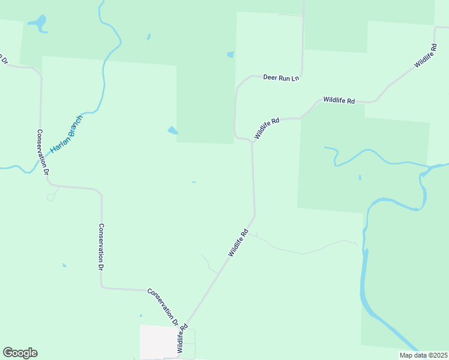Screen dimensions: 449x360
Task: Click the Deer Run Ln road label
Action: click(x=281, y=78)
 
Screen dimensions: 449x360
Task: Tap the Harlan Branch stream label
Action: click(x=66, y=133)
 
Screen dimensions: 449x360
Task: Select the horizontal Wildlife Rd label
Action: click(x=339, y=100)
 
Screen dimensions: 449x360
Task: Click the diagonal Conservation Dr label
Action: click(x=163, y=307)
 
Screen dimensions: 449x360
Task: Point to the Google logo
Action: click(x=20, y=353)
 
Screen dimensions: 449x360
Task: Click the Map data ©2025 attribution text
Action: click(x=424, y=355)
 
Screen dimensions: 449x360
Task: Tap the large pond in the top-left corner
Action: click(x=37, y=23)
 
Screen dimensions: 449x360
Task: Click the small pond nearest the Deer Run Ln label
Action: click(x=231, y=55)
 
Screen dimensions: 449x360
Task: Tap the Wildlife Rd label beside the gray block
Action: click(x=182, y=338)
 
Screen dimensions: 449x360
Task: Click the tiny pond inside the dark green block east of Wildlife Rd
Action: click(x=360, y=177)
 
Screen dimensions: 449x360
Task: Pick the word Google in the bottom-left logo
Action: click(x=20, y=353)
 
